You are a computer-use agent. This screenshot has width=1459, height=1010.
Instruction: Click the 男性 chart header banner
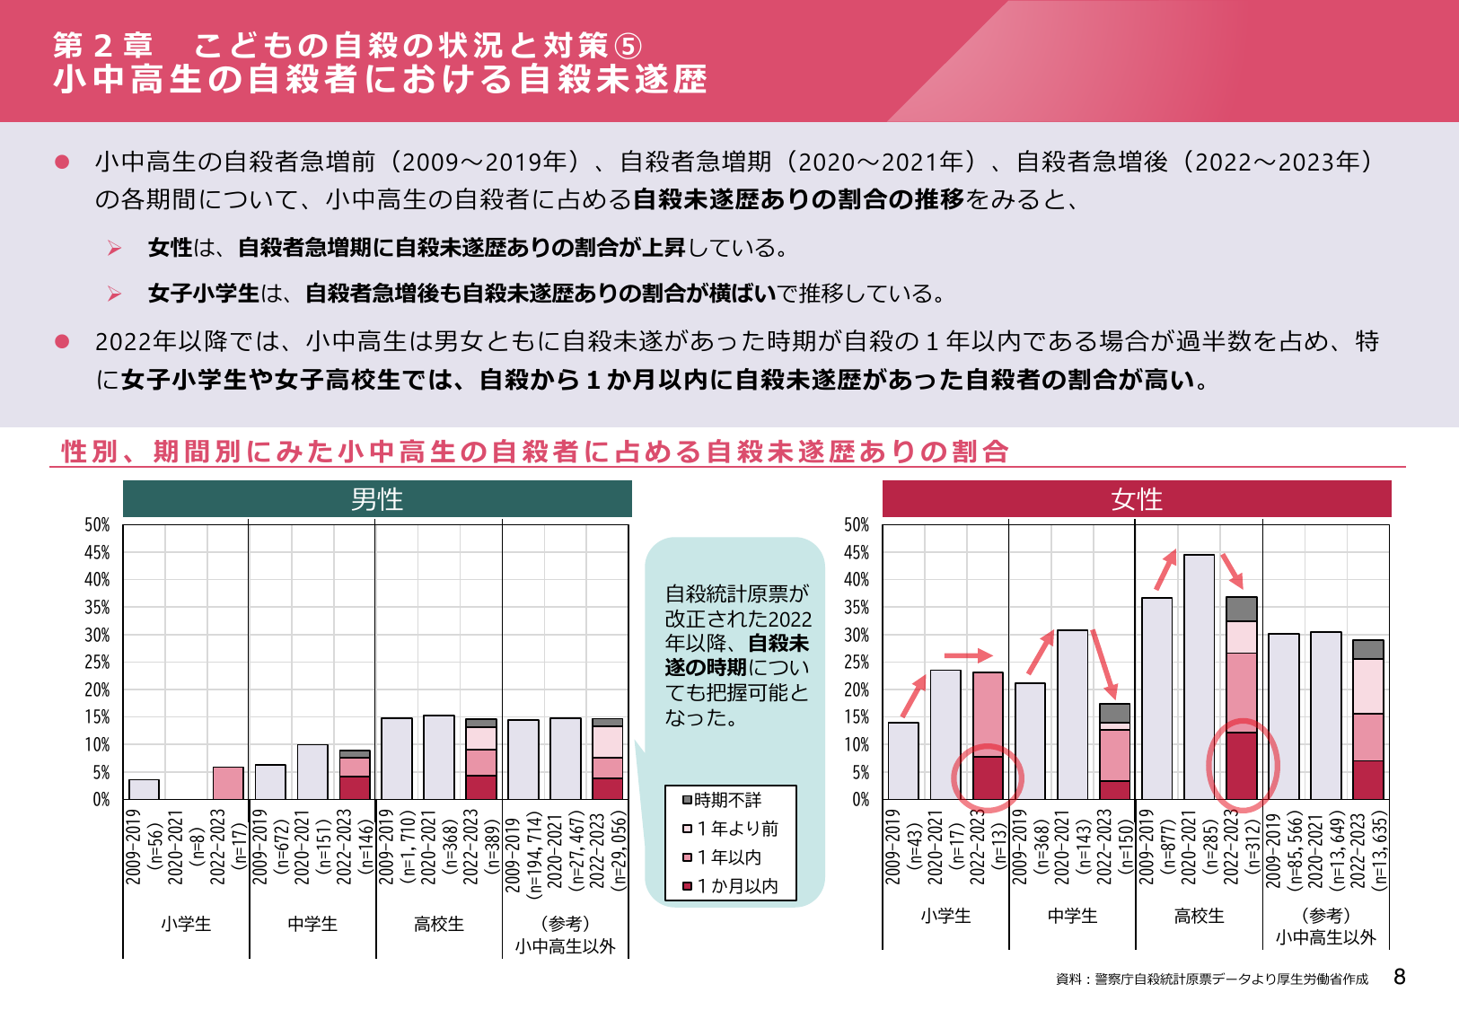[x=377, y=499]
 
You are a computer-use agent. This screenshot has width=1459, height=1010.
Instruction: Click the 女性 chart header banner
[x=1137, y=499]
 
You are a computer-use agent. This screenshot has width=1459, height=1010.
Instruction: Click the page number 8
[x=1399, y=978]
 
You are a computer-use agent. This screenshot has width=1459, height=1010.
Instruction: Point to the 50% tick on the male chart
[x=97, y=525]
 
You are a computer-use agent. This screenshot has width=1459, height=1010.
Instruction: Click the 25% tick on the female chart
[x=857, y=663]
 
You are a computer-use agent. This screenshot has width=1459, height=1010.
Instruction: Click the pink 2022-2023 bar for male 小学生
[x=228, y=784]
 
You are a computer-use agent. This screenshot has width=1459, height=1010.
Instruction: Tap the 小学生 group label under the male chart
[x=186, y=924]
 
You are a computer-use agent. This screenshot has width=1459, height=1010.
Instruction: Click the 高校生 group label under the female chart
[x=1199, y=916]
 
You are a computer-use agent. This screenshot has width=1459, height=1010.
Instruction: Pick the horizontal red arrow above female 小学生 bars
[x=968, y=655]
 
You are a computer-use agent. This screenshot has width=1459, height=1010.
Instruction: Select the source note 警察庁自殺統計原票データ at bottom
[x=1212, y=979]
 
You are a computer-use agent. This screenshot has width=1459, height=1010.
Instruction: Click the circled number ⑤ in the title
[x=628, y=46]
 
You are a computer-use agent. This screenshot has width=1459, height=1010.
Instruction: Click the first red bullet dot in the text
[x=62, y=162]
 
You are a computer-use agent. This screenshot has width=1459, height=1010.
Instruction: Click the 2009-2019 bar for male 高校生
[x=397, y=759]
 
